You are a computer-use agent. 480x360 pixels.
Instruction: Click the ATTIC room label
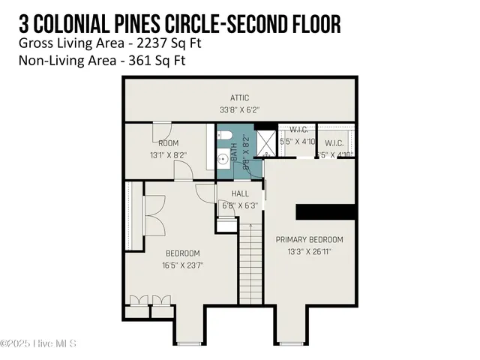[x=239, y=97]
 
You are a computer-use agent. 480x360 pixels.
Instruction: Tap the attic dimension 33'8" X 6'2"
[x=239, y=109]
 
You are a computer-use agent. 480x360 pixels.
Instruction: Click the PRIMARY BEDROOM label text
[x=309, y=240]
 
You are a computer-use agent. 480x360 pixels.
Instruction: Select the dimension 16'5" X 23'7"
[x=182, y=265]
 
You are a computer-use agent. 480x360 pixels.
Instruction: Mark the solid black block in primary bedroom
[x=325, y=211]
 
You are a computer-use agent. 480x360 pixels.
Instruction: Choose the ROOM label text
[x=169, y=143]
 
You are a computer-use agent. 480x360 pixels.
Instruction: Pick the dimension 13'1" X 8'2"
[x=169, y=154]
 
